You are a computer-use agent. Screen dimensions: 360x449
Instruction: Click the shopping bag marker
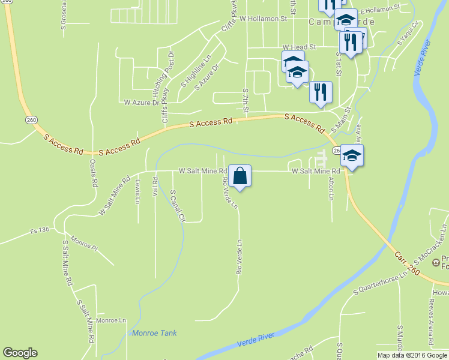point(240,176)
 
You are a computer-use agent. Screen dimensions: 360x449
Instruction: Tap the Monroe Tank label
point(154,333)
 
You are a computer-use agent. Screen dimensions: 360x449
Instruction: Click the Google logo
point(20,353)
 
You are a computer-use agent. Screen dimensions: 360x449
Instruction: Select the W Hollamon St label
point(263,19)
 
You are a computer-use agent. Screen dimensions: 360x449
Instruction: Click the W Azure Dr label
point(141,103)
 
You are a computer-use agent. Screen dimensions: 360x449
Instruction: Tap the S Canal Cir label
point(176,206)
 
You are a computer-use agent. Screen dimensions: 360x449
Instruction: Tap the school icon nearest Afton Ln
point(352,157)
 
